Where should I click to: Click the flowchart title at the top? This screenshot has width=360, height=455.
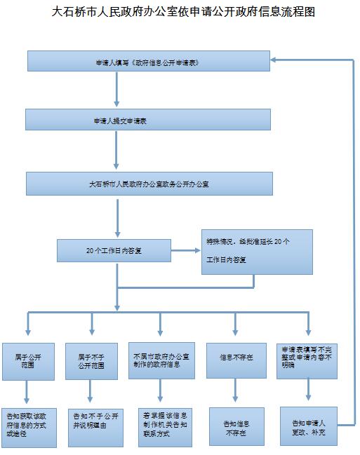pyautogui.click(x=183, y=12)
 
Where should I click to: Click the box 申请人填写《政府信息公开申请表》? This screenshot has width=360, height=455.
pyautogui.click(x=149, y=61)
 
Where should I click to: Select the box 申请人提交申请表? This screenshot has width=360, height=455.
pyautogui.click(x=148, y=120)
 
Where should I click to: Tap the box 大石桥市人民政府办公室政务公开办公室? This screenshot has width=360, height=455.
pyautogui.click(x=149, y=184)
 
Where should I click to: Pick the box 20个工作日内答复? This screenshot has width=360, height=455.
pyautogui.click(x=114, y=251)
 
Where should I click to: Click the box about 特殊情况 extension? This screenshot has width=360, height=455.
pyautogui.click(x=257, y=252)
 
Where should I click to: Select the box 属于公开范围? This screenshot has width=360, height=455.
pyautogui.click(x=29, y=362)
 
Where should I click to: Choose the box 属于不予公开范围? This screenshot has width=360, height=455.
pyautogui.click(x=91, y=361)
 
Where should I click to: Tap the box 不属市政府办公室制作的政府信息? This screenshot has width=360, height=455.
pyautogui.click(x=161, y=360)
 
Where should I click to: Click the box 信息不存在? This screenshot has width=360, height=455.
pyautogui.click(x=236, y=360)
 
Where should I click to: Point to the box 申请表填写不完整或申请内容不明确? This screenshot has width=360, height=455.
pyautogui.click(x=307, y=361)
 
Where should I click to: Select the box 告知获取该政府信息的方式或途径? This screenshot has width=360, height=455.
pyautogui.click(x=29, y=428)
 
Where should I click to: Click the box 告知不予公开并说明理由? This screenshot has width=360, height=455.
pyautogui.click(x=95, y=428)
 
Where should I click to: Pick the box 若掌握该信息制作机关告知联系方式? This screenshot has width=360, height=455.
pyautogui.click(x=165, y=427)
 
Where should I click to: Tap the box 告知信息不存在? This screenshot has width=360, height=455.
pyautogui.click(x=236, y=426)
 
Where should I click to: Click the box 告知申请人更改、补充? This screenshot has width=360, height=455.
pyautogui.click(x=309, y=426)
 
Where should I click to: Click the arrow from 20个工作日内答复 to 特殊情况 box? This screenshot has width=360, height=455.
pyautogui.click(x=186, y=250)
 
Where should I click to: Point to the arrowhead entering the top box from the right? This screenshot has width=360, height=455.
pyautogui.click(x=274, y=60)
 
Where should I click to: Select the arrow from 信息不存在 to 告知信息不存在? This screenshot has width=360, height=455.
pyautogui.click(x=235, y=390)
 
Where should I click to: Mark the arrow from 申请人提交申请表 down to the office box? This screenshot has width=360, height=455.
pyautogui.click(x=116, y=150)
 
